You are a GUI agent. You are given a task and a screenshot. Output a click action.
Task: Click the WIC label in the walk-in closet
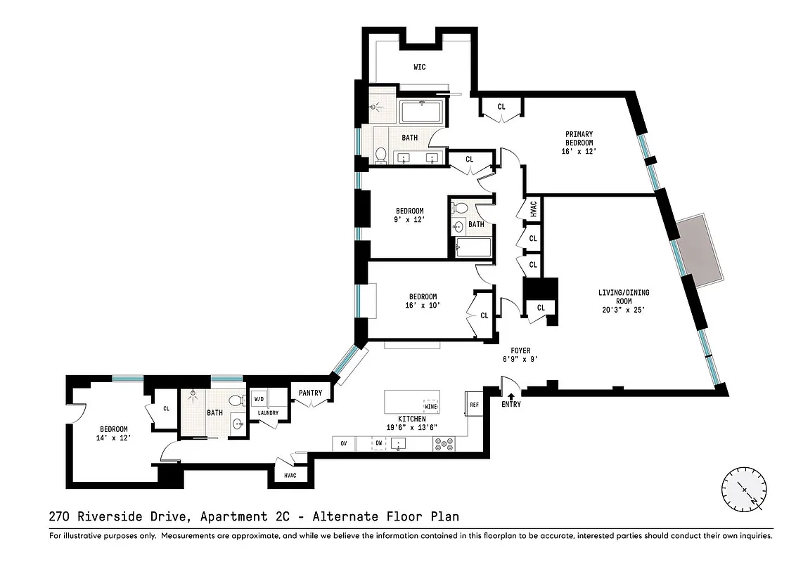[419, 67]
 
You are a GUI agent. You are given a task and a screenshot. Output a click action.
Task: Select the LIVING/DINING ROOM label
[620, 301]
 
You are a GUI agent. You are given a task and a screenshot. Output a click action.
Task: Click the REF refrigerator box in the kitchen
[474, 404]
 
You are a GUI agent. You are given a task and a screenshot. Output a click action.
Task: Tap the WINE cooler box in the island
[430, 406]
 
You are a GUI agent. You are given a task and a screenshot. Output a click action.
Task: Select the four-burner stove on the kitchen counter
[444, 444]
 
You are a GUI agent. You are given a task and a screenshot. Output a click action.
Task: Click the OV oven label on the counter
[344, 444]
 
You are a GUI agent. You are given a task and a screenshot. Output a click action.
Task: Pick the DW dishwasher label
[378, 444]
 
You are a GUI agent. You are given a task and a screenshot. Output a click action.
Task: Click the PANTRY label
[310, 393]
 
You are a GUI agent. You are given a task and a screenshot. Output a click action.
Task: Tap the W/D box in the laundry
[259, 398]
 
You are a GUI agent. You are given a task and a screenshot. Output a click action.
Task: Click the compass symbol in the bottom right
[744, 490]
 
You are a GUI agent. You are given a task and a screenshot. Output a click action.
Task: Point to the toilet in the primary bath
[380, 155]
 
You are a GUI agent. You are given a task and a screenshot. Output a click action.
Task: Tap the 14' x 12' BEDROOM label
[113, 433]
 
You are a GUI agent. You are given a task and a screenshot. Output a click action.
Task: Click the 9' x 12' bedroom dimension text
[409, 220]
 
